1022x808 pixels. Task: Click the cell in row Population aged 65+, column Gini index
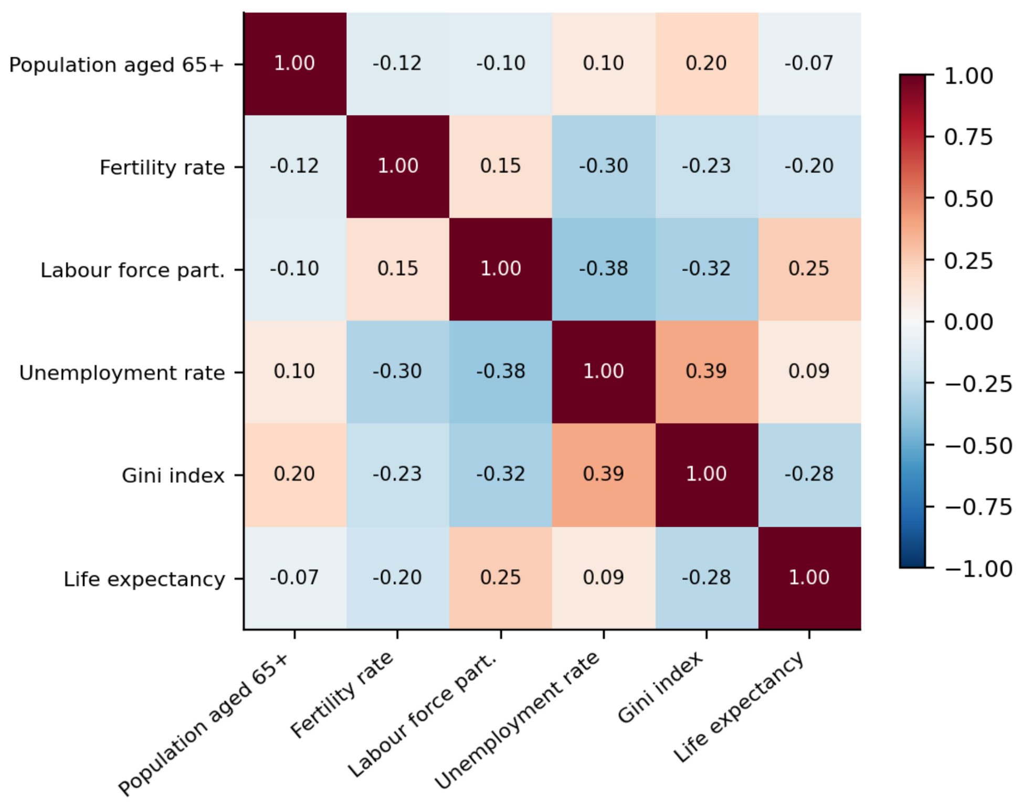coord(707,64)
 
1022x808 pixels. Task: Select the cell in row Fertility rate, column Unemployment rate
coord(604,167)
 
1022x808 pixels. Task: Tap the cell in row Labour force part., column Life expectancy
coord(809,270)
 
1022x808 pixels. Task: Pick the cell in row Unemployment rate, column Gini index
coord(707,373)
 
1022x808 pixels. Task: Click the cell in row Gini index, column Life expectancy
coord(809,475)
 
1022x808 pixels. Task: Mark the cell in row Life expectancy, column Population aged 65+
coord(295,578)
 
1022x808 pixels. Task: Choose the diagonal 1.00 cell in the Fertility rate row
coord(398,167)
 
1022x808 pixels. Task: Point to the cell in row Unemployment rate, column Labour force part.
coord(501,373)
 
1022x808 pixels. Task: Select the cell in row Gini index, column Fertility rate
coord(398,475)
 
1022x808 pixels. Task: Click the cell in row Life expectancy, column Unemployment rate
coord(604,578)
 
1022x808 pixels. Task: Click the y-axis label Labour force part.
coord(133,270)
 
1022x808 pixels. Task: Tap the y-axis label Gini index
coord(173,476)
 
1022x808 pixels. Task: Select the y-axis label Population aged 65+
coord(117,65)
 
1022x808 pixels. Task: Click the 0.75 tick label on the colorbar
coord(968,137)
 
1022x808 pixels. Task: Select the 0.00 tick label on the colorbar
coord(968,322)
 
